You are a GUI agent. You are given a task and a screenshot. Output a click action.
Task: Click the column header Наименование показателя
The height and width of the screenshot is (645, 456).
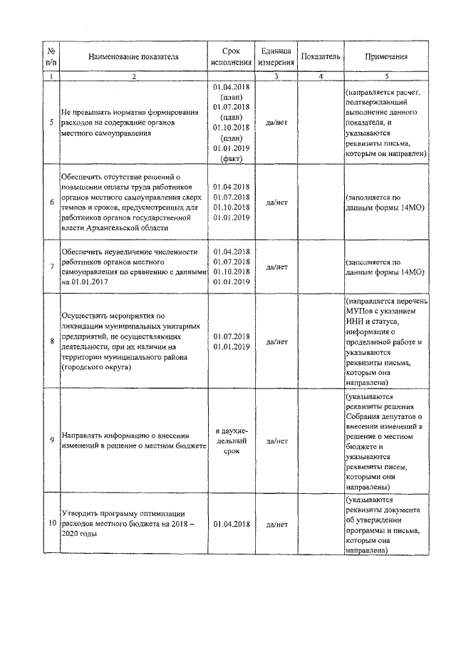[134, 57]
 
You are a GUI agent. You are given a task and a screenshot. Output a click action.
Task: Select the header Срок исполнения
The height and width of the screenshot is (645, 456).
[230, 57]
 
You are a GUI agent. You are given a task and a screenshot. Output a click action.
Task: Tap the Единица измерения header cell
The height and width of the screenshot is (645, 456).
[276, 57]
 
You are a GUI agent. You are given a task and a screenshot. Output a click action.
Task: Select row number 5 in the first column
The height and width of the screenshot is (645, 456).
[51, 122]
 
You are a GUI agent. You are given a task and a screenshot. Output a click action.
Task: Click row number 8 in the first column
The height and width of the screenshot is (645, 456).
[51, 341]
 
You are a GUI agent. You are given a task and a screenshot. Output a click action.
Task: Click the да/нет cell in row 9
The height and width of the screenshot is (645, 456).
[276, 441]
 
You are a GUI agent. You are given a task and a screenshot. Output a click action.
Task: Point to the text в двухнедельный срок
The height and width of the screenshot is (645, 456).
[230, 441]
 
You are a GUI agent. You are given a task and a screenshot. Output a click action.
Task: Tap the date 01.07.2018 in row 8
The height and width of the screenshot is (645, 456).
[230, 336]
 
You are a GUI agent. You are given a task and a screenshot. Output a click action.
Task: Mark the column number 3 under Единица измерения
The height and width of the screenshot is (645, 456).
[276, 76]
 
